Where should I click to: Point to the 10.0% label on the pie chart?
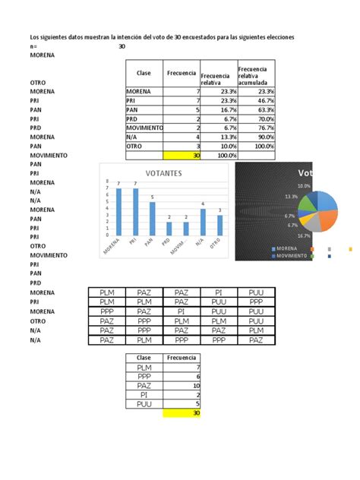coord(304,185)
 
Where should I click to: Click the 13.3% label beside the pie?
coord(292,196)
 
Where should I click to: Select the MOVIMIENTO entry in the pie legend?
coord(290,257)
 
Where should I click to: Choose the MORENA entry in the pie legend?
coord(284,248)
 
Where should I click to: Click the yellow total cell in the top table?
coord(182,155)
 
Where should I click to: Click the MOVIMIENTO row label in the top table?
coord(144,128)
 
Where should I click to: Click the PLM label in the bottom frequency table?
coord(144,368)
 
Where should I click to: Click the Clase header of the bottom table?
coord(144,357)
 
